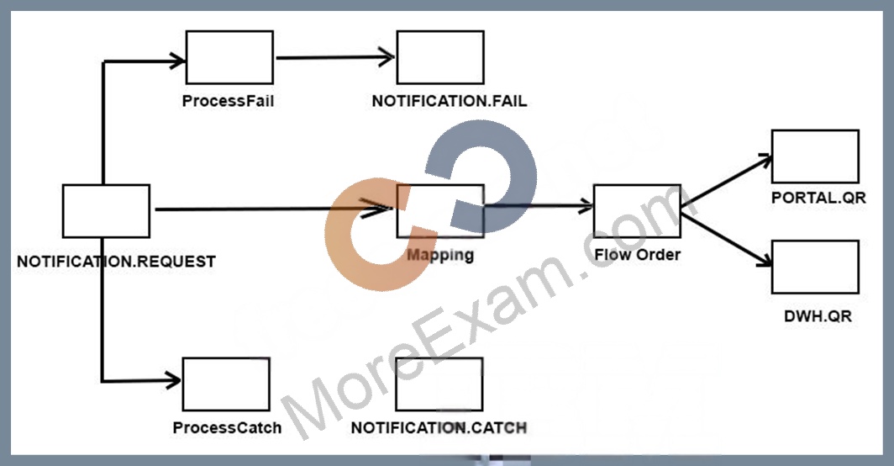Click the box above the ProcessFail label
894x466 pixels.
tap(229, 57)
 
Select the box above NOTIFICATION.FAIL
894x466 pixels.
tap(440, 57)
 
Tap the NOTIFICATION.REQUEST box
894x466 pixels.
tap(106, 211)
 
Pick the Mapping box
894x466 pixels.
tap(440, 211)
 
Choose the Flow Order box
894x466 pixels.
tap(637, 211)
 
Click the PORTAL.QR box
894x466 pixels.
tap(815, 156)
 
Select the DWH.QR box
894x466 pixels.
tap(815, 267)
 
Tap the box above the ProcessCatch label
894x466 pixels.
tap(226, 384)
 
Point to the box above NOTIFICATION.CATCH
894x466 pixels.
tap(439, 384)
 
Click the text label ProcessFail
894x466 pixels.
tap(228, 101)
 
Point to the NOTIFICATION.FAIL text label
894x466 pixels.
tap(450, 101)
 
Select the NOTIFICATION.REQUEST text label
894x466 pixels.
tap(116, 262)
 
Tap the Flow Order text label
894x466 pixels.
tap(638, 254)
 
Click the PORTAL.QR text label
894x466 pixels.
tap(818, 198)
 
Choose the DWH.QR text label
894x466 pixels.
tap(818, 315)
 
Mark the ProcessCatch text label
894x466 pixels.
tap(227, 428)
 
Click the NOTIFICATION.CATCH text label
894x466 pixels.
tap(439, 428)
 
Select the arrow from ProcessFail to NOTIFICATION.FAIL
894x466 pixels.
tap(335, 57)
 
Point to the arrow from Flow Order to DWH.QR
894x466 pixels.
tap(726, 239)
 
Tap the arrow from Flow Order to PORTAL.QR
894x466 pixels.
tap(726, 180)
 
